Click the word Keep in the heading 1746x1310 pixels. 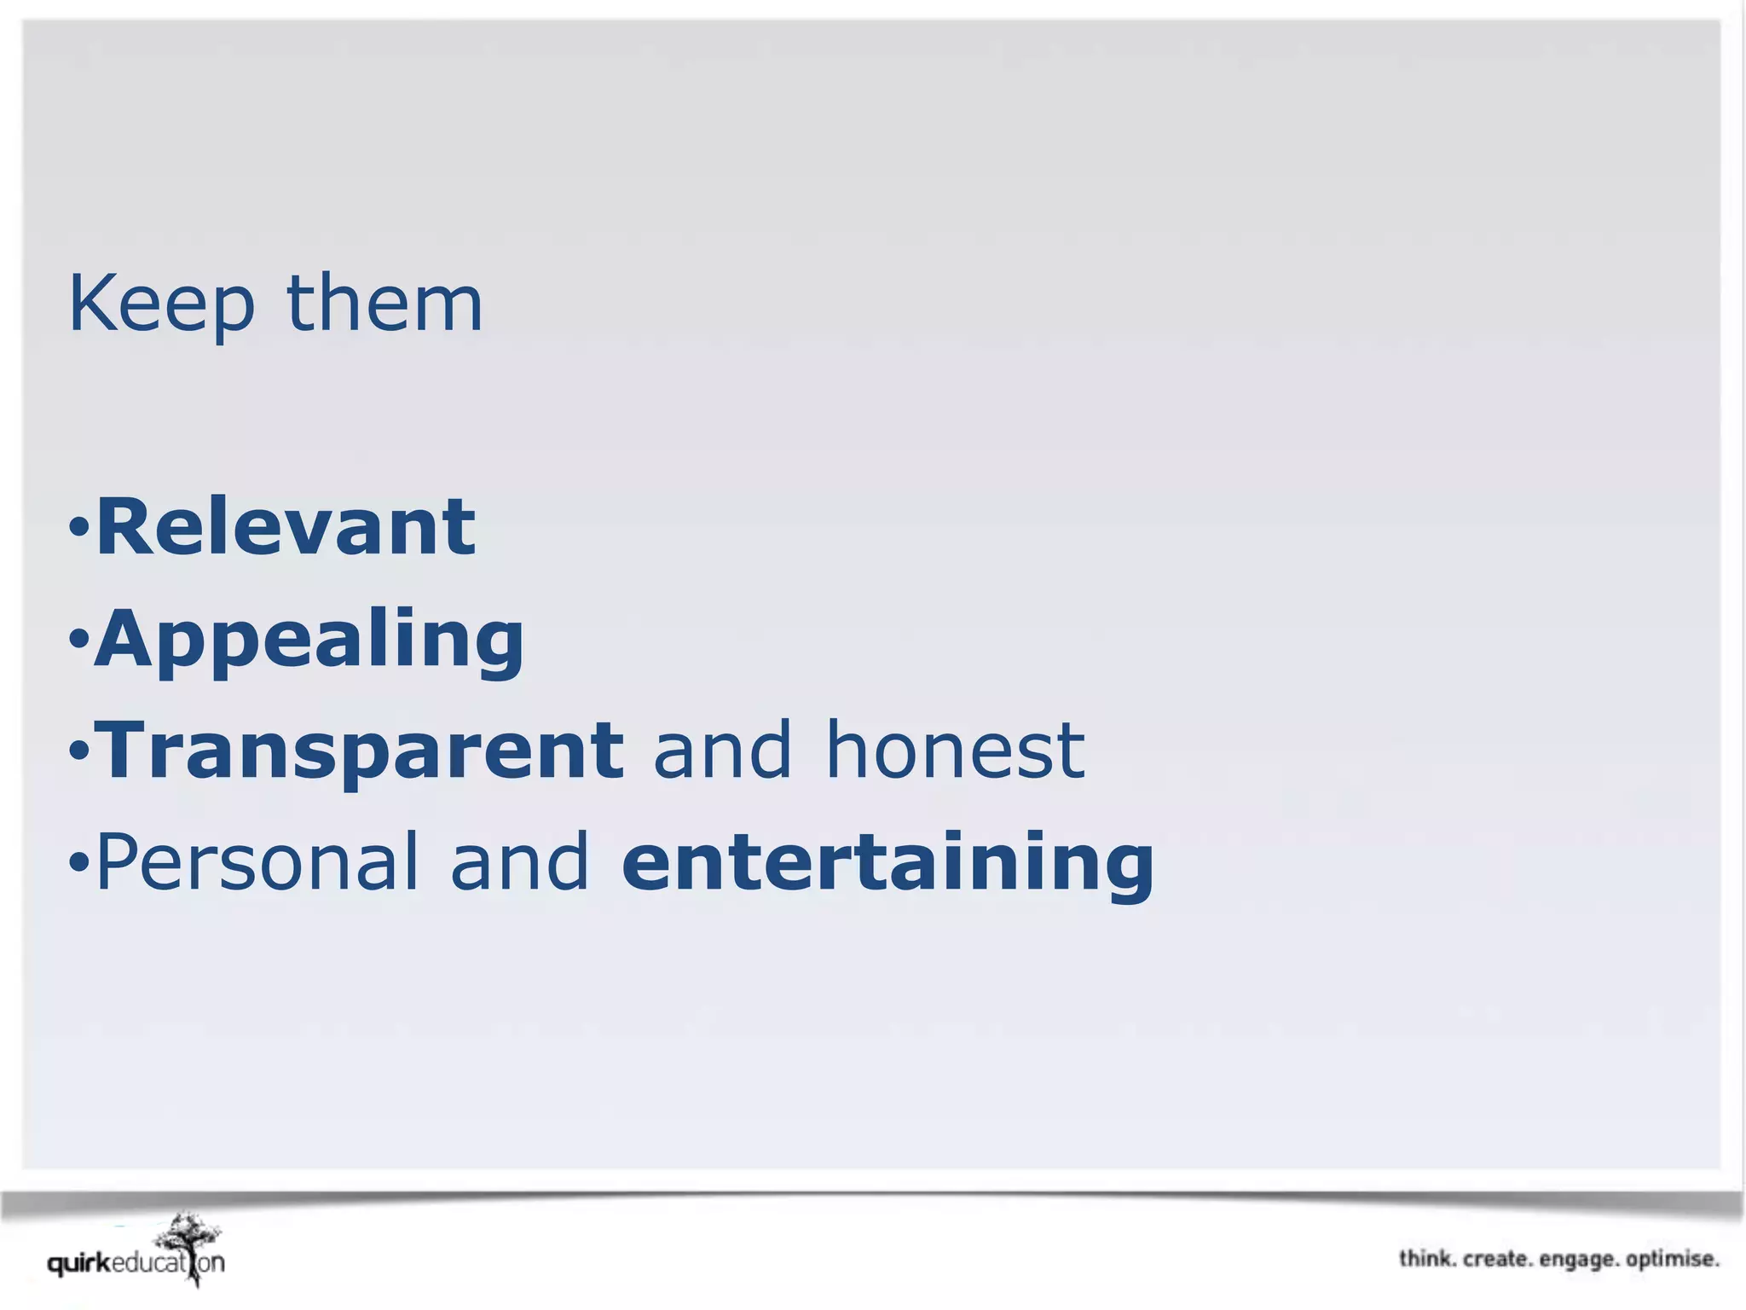click(161, 304)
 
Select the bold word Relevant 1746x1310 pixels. click(286, 527)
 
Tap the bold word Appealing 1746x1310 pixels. click(309, 641)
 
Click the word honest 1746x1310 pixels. click(955, 751)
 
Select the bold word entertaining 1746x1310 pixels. click(887, 862)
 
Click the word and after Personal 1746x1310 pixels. click(520, 862)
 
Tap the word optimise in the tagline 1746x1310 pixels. click(1672, 1260)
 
